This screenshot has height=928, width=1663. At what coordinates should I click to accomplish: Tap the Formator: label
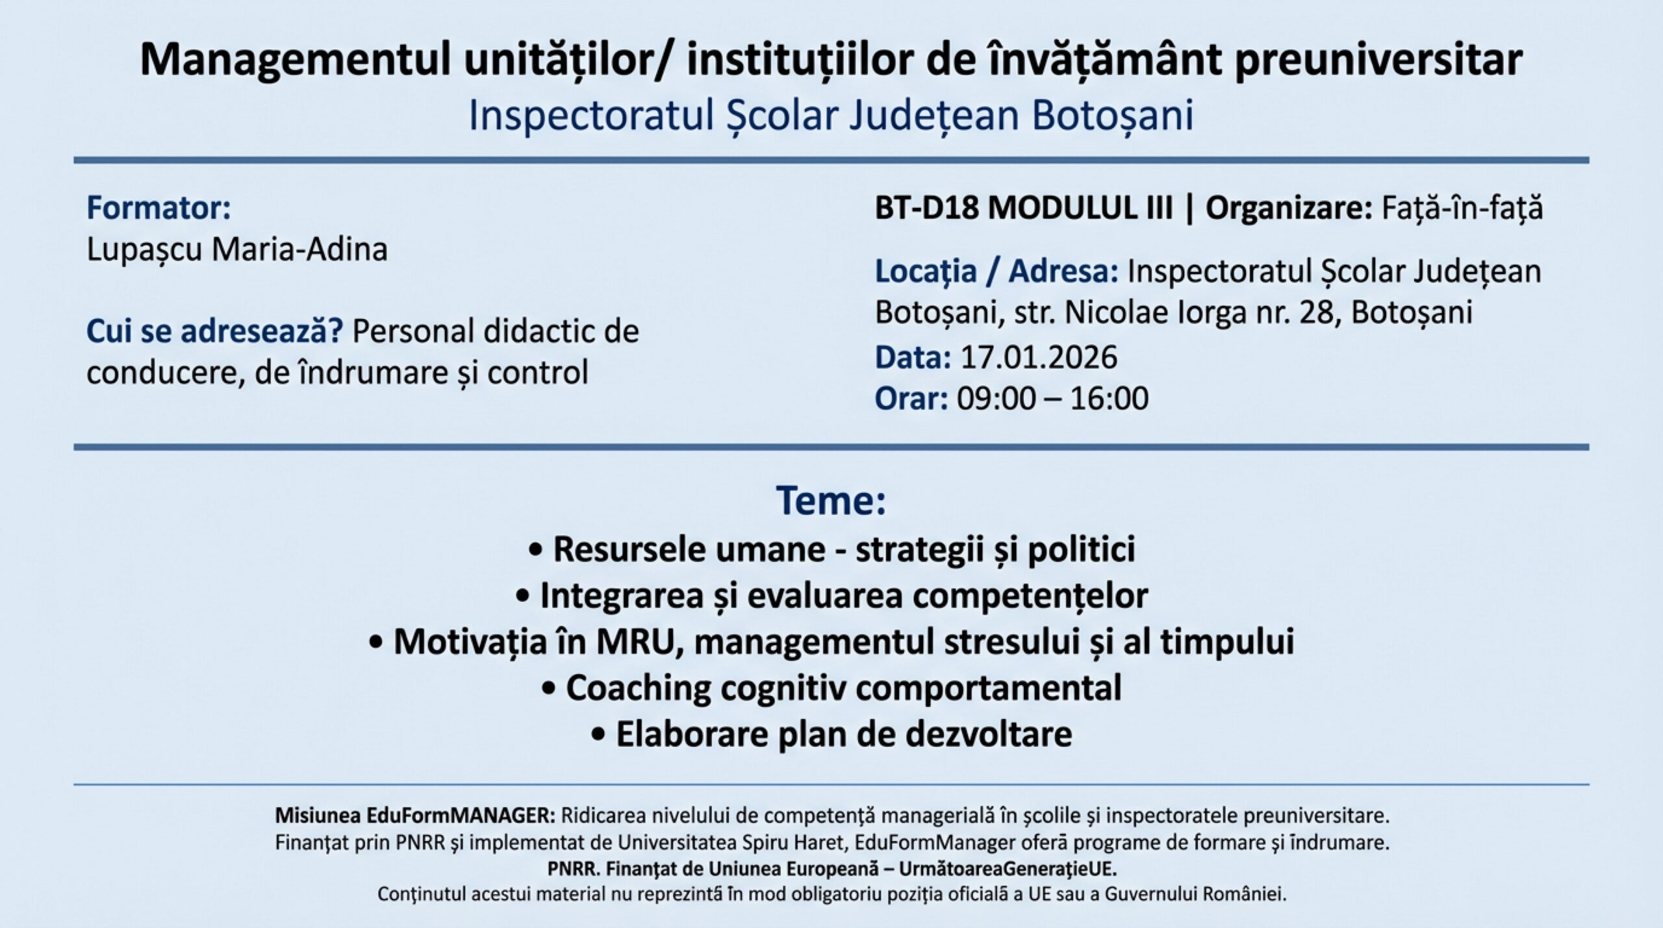(159, 208)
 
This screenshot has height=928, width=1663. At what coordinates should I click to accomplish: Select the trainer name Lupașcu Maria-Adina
(237, 250)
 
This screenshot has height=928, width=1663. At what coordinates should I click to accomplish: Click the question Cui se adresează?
(215, 331)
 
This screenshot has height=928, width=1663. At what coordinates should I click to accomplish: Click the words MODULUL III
(1081, 208)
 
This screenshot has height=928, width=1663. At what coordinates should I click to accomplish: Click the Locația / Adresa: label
(997, 271)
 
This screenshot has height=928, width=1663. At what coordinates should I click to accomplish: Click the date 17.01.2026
(1039, 357)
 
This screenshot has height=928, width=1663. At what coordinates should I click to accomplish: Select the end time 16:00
(1109, 399)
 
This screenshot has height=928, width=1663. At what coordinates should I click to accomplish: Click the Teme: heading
(831, 500)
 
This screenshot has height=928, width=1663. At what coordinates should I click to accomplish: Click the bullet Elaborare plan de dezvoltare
(831, 734)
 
